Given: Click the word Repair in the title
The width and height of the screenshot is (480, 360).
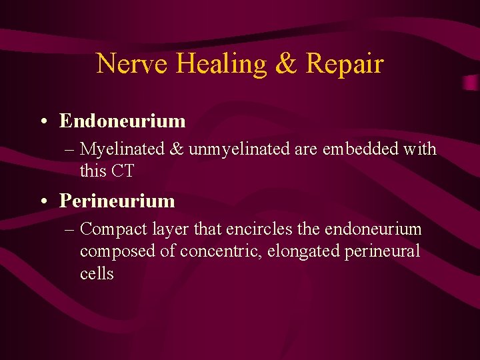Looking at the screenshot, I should [x=344, y=64].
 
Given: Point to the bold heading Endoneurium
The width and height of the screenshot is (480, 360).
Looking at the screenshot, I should [x=122, y=121].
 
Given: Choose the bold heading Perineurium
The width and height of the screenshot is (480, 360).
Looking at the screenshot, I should [x=117, y=201].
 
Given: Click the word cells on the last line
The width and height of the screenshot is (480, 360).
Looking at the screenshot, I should [x=97, y=274].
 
